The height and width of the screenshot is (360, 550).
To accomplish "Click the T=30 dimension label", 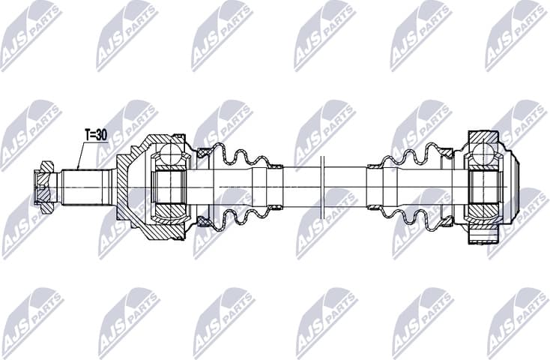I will [95, 135].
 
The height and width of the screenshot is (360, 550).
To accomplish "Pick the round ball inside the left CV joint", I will [172, 156].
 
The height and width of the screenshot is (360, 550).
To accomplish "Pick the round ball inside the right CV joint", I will [483, 155].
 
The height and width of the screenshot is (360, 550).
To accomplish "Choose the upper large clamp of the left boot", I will [203, 152].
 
